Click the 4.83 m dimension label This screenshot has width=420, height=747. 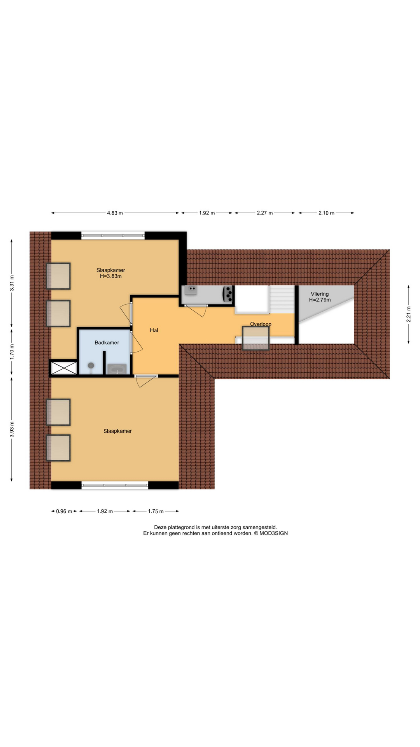coord(115,213)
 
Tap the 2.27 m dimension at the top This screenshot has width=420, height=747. coord(265,213)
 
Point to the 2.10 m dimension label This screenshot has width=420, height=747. coord(327,213)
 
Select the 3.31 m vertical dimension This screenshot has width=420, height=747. coord(12,283)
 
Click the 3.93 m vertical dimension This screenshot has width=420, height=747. coord(12,430)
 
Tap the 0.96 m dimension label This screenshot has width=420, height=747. coord(64,511)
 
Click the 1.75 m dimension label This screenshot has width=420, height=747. coord(156,511)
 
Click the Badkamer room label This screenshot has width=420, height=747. coord(107,343)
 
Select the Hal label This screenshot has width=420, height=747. coord(154,330)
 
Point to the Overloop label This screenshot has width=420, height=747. coord(261,324)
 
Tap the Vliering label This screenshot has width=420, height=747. coord(320,294)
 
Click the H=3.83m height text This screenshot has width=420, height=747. coord(111,276)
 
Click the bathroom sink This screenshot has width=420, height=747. coord(117,369)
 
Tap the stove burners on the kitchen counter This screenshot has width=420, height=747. coord(228,295)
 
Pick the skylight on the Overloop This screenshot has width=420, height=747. coord(255,338)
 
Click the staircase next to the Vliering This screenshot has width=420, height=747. coord(282,299)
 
